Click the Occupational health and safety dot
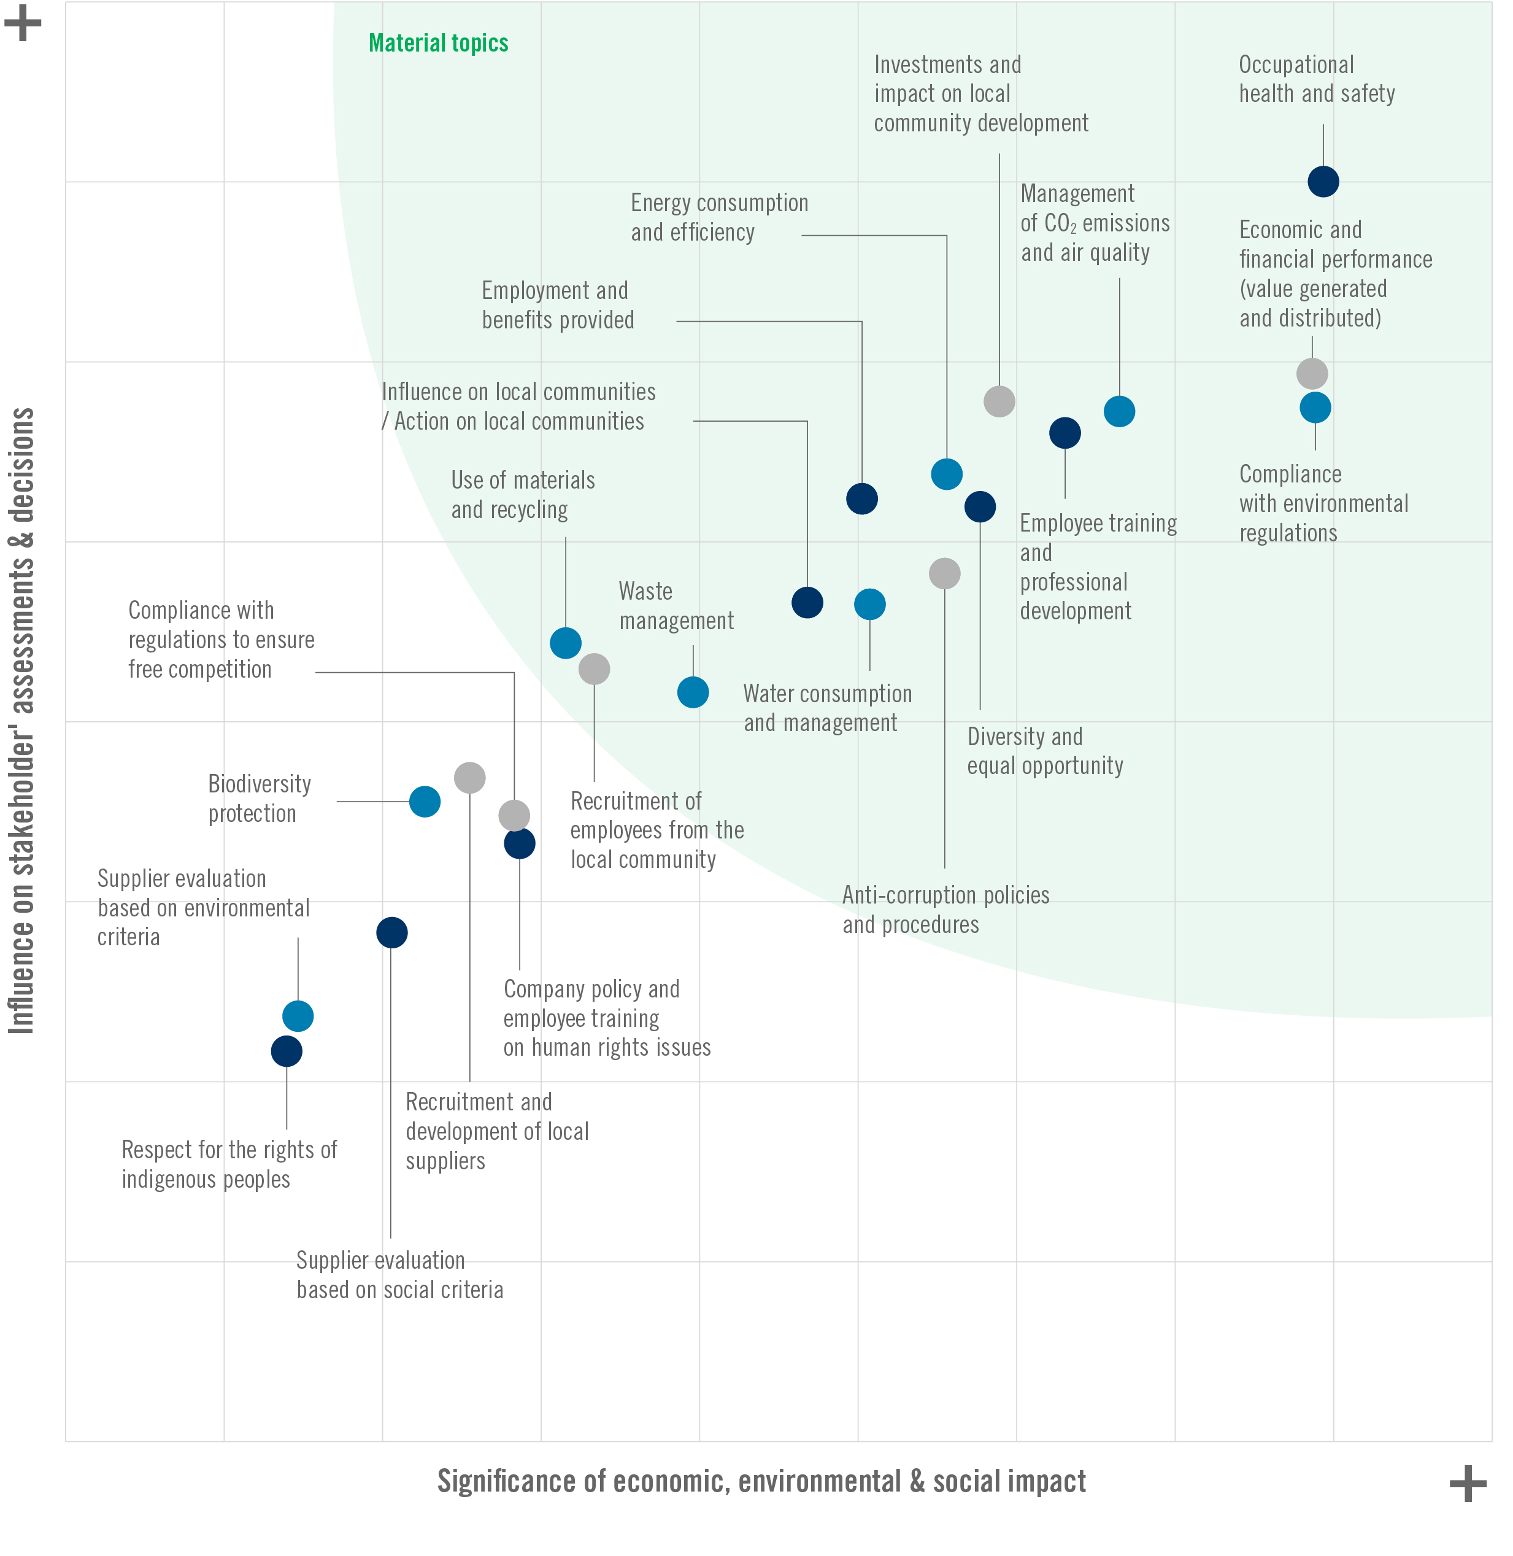pos(1323,181)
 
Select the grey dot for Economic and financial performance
pos(1312,373)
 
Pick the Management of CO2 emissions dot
pos(1119,411)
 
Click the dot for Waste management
pos(693,692)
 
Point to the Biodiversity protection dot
pos(425,802)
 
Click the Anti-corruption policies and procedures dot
pos(945,573)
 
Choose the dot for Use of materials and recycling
pos(566,643)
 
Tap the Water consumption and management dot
pos(870,604)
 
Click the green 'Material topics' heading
pos(439,43)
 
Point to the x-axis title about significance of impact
pos(761,1481)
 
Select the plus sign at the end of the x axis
pos(1468,1484)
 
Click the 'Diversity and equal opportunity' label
pos(1045,751)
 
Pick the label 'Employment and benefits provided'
pos(558,305)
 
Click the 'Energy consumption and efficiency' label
pos(719,217)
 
